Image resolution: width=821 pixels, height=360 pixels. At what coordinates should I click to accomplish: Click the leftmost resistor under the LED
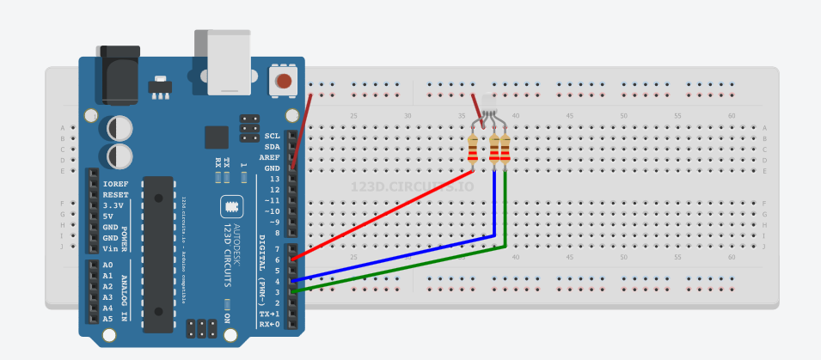pos(473,149)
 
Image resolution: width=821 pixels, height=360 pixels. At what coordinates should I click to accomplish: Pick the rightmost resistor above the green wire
pos(505,149)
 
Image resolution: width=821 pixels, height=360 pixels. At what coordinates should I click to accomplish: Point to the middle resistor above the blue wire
pos(494,149)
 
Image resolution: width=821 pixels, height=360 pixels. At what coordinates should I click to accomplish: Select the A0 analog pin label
pos(107,265)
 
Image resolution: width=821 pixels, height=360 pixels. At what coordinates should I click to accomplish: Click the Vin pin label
pos(110,248)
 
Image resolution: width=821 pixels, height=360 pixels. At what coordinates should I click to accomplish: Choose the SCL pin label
pos(273,136)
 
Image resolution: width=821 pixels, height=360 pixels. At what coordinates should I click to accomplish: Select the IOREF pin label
pos(115,184)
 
